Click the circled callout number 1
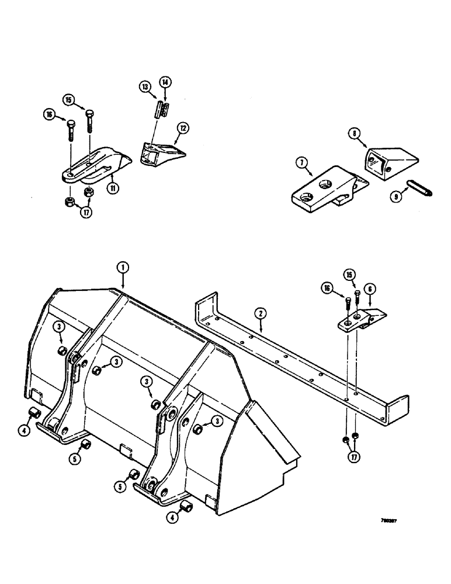click(122, 267)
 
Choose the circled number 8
click(355, 133)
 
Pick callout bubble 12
click(183, 127)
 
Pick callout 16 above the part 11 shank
click(49, 116)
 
